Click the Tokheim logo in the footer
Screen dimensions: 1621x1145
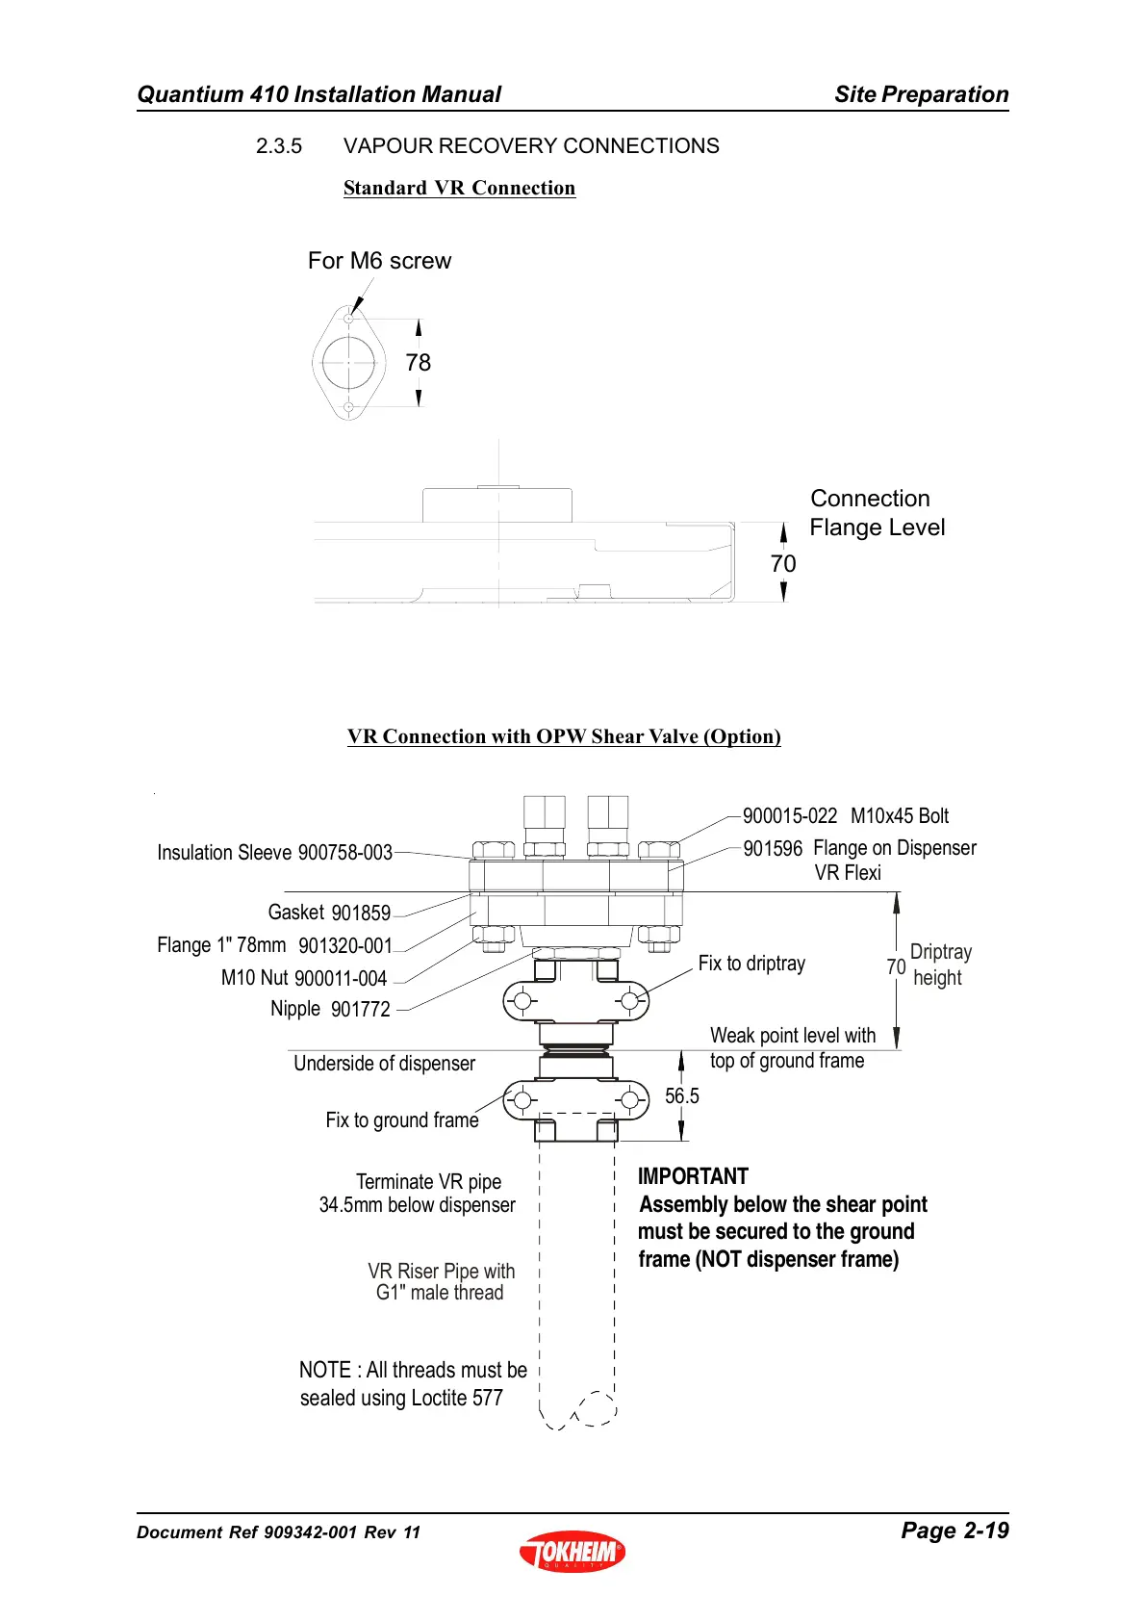[x=572, y=1551]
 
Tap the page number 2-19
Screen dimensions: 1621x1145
[x=954, y=1531]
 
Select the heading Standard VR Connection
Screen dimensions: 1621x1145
[x=459, y=188]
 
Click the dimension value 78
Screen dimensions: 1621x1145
[x=419, y=363]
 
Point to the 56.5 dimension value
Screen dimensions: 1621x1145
[x=682, y=1096]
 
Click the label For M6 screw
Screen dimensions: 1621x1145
[x=379, y=261]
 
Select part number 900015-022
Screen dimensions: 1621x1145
[x=790, y=816]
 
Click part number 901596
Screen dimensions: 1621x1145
[x=773, y=849]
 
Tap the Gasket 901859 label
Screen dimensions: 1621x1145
[x=329, y=913]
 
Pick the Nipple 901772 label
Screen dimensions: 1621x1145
[x=330, y=1009]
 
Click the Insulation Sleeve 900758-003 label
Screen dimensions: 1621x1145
[x=274, y=853]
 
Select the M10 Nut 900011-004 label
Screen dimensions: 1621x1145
[x=303, y=978]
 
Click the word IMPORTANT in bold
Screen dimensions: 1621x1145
[x=693, y=1176]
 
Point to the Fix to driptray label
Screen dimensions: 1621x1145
[x=751, y=964]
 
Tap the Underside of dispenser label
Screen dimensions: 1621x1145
[x=384, y=1064]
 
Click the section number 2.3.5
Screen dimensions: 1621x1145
[x=279, y=146]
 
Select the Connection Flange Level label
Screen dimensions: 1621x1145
[x=877, y=513]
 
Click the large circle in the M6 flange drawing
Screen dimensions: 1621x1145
[x=348, y=363]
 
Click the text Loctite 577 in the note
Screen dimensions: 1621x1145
[x=456, y=1398]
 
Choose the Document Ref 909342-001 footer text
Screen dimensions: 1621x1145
[x=278, y=1532]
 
